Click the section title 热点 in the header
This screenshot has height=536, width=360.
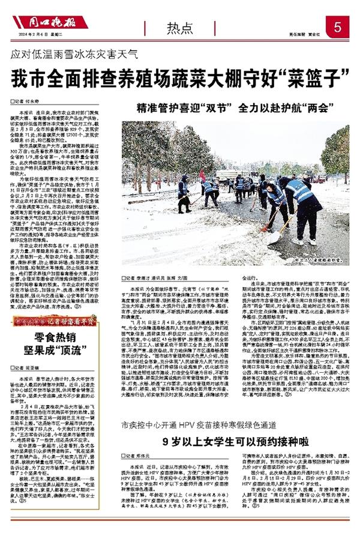pos(181,27)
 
